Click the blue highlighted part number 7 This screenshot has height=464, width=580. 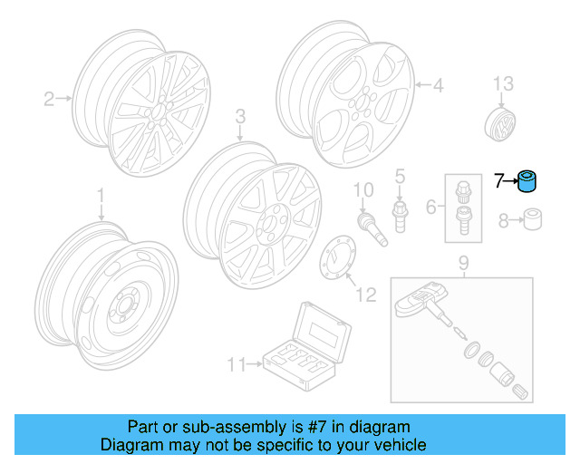tap(527, 182)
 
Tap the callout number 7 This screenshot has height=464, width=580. tap(498, 181)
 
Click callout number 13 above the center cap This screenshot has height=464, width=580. tap(502, 84)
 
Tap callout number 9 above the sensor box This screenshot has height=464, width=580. tap(462, 264)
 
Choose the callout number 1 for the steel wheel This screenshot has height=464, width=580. tap(101, 195)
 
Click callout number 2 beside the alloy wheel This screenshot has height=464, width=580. tap(50, 99)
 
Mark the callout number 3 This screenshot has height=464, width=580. tap(240, 116)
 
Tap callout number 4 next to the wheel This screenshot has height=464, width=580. tap(438, 87)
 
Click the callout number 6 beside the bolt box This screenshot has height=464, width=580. tap(431, 206)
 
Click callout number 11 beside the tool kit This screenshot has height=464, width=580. tap(236, 365)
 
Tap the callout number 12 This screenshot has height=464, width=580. tap(364, 295)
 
